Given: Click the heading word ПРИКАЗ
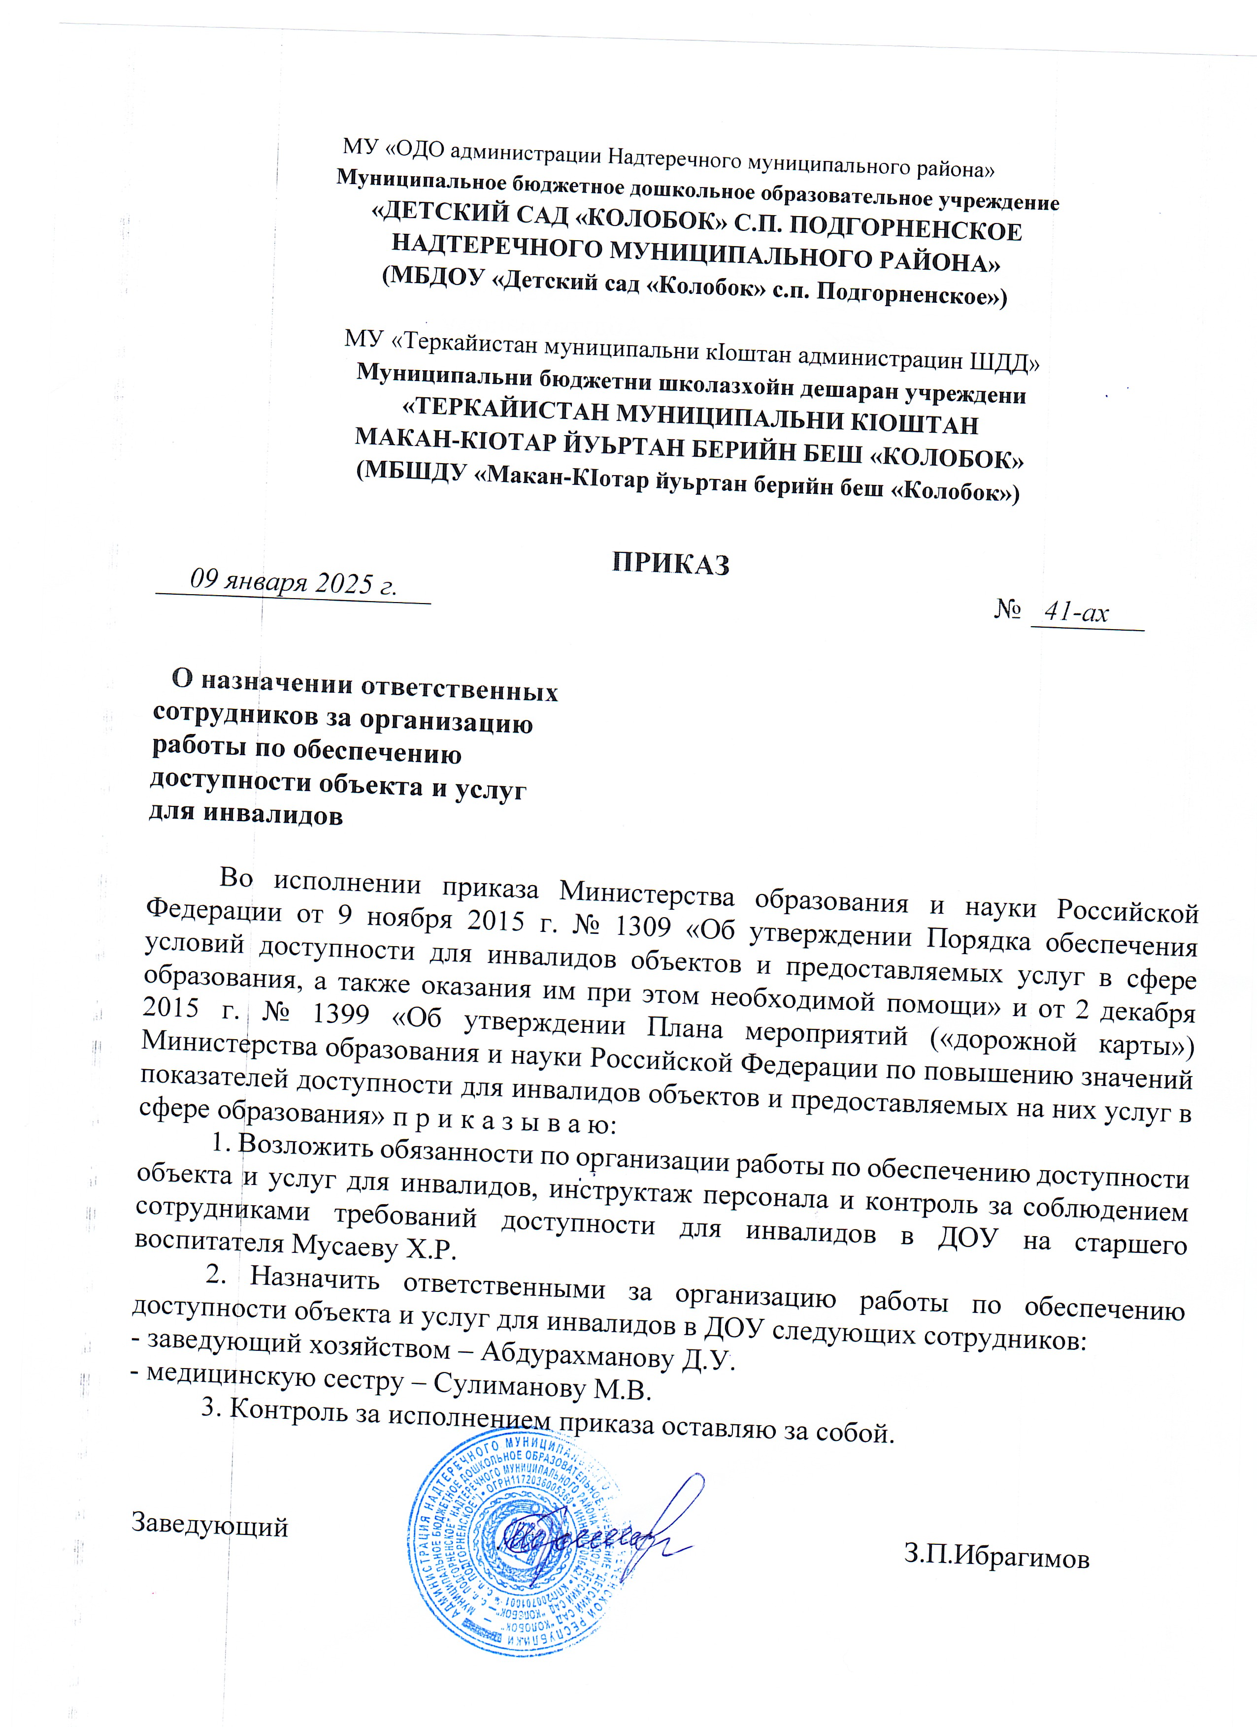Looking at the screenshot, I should [671, 564].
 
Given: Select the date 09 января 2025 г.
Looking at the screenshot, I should [294, 582].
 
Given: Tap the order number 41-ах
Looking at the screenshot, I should [1076, 612].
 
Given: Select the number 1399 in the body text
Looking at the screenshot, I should [341, 1014].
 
